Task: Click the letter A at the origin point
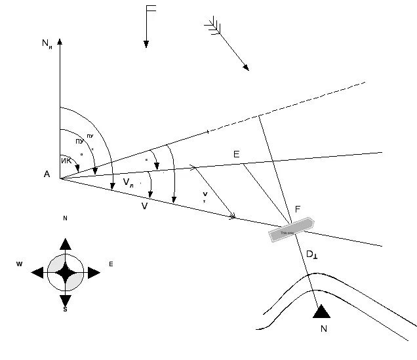47,174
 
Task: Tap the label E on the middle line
236,155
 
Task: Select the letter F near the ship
298,209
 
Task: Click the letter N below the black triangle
323,329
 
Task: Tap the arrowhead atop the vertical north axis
60,41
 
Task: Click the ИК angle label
66,161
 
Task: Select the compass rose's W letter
20,264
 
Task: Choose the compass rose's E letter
111,264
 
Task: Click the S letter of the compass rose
65,309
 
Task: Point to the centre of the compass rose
65,273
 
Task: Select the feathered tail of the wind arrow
212,26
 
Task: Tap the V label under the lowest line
144,205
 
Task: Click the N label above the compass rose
65,218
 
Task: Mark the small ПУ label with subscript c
90,137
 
